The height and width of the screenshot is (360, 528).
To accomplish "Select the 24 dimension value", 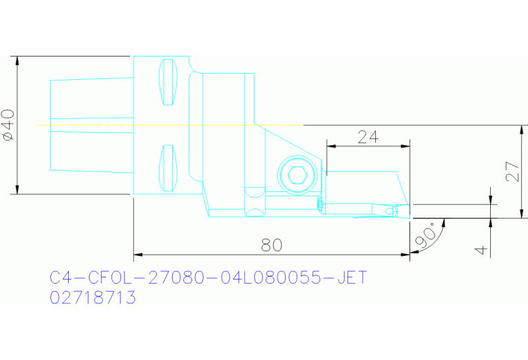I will [x=368, y=137].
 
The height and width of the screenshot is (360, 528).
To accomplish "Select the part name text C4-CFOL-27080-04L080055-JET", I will [x=209, y=278].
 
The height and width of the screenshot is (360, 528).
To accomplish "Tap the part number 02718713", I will [x=93, y=298].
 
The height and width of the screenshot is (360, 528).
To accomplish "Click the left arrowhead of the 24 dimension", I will [x=329, y=146].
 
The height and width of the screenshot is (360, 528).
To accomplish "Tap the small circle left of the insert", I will [x=320, y=204].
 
